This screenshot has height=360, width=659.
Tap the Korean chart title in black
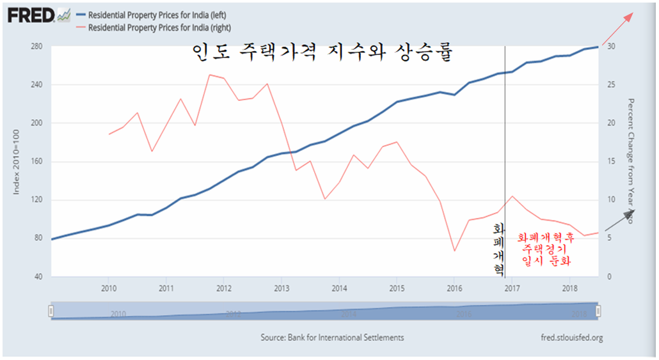pos(322,52)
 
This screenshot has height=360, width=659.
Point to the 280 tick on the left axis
pos(36,47)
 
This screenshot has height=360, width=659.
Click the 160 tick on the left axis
pos(36,162)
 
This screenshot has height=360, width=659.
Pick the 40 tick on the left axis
pos(38,277)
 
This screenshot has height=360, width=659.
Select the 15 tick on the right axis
pos(612,162)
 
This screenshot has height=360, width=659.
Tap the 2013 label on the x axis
pos(282,289)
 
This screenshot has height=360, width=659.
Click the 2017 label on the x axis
pos(512,289)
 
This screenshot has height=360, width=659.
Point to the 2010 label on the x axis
pos(108,289)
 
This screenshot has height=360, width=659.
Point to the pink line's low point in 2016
pos(454,251)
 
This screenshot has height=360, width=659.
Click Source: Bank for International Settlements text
pos(332,338)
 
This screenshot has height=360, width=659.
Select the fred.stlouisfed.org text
pos(571,338)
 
